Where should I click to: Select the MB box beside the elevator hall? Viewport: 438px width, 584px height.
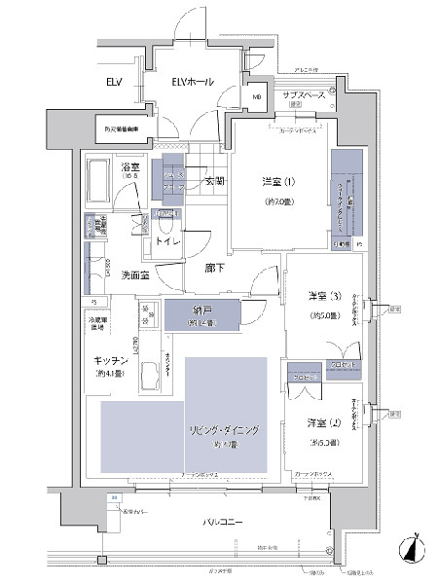[258, 97]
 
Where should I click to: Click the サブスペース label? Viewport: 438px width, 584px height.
[304, 96]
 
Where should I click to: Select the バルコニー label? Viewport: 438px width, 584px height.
[223, 523]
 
